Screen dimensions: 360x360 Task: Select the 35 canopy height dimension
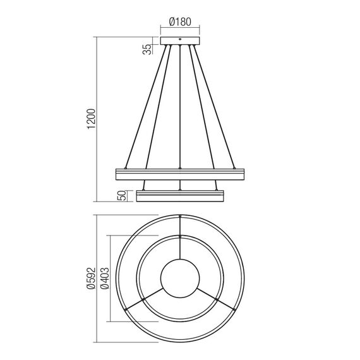(147, 48)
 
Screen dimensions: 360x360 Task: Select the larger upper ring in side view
(180, 173)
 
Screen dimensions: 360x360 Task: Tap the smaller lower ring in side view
(180, 196)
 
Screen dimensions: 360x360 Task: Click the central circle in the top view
(181, 277)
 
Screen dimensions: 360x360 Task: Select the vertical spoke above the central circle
(181, 246)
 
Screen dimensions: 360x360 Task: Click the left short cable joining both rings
(145, 184)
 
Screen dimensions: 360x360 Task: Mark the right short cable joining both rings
(216, 184)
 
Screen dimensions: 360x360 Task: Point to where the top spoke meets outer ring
(181, 216)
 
